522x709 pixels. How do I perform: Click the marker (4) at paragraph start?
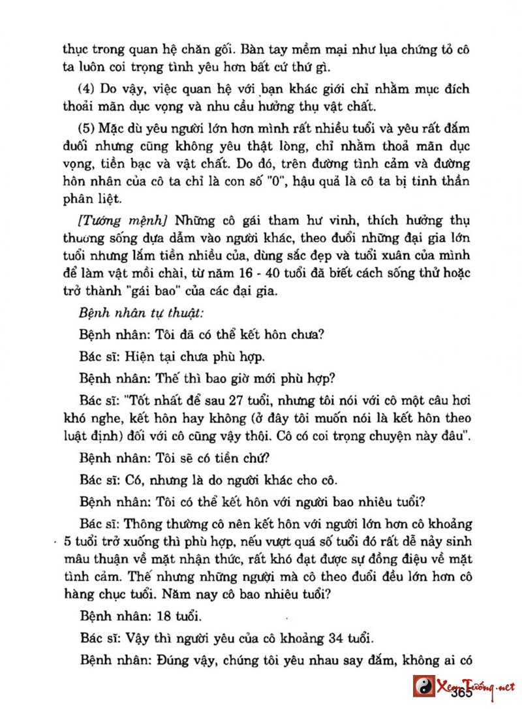[87, 89]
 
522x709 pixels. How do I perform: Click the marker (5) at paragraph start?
[87, 129]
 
